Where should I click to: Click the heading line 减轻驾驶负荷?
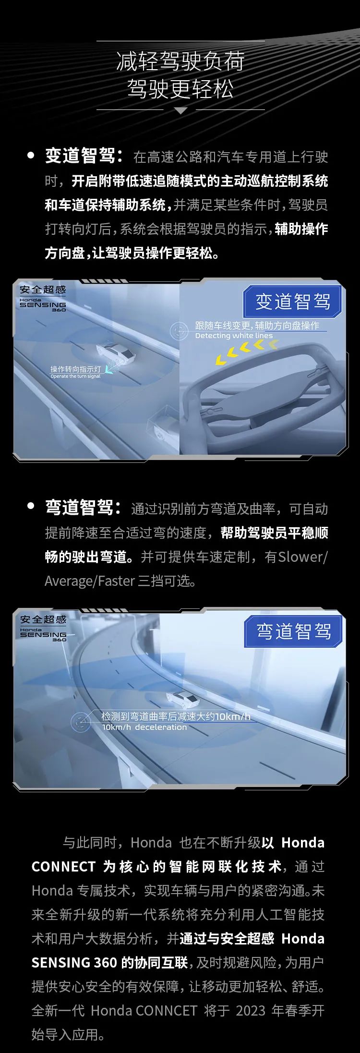pos(180,61)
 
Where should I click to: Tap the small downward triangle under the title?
pos(180,110)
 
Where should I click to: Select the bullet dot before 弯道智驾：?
pos(31,506)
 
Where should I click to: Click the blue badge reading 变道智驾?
pos(292,302)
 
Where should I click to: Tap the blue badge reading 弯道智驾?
pos(293,631)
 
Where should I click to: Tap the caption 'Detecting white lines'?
pos(234,336)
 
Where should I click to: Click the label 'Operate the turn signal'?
pos(75,376)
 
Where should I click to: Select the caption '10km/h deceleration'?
pos(144,727)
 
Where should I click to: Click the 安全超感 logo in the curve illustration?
pos(43,619)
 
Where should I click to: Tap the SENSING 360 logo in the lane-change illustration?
pos(43,305)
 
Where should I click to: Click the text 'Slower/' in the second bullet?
pos(303,557)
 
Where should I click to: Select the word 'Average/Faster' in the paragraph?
pos(90,581)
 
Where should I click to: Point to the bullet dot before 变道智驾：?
pos(31,156)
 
